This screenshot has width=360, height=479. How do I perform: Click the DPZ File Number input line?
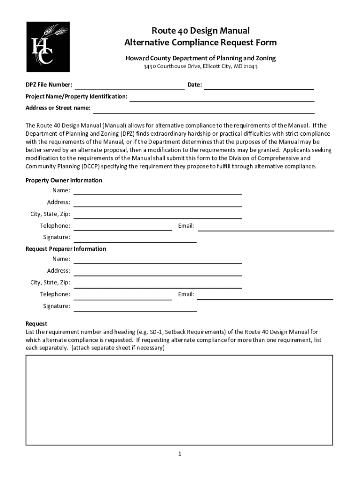[x=130, y=85]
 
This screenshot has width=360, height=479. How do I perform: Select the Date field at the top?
[x=259, y=85]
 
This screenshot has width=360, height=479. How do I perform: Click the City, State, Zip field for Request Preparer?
[x=158, y=283]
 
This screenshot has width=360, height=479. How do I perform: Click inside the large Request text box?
[x=179, y=400]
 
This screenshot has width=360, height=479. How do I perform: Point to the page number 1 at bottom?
[x=179, y=454]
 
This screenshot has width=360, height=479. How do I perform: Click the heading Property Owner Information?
[x=64, y=181]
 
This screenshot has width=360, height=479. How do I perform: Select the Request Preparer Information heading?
[x=65, y=249]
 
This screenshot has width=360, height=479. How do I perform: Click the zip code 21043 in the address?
[x=249, y=66]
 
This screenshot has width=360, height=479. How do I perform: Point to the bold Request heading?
[x=36, y=324]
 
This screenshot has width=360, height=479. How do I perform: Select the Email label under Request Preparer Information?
[x=186, y=295]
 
